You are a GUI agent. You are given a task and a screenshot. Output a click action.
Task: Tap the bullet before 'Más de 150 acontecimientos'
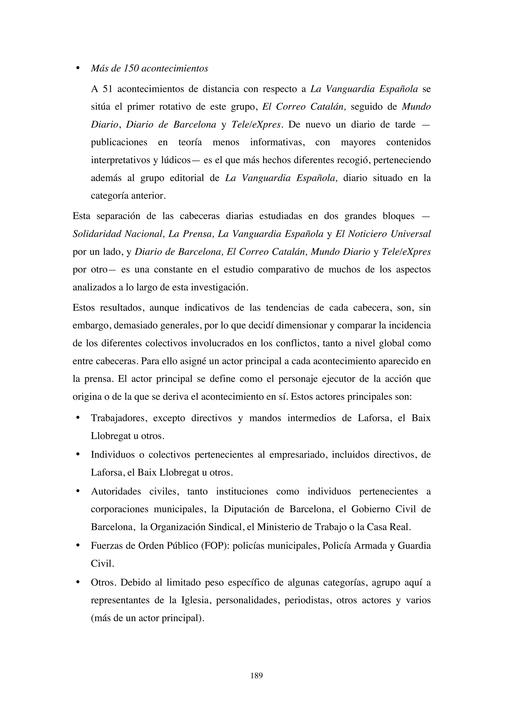[77, 68]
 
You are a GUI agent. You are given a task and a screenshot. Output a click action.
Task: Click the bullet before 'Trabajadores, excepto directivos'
[77, 418]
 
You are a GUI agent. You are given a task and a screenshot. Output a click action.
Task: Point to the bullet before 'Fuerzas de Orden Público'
[77, 545]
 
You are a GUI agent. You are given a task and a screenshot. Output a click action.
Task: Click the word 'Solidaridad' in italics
[97, 234]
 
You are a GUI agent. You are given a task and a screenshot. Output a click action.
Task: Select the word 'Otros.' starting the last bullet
[104, 583]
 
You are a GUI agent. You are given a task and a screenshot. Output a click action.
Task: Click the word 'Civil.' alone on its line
[102, 563]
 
